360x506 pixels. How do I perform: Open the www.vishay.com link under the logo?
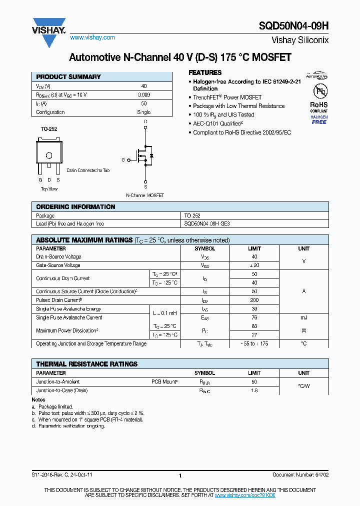(x=92, y=37)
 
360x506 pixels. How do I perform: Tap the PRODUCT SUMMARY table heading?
(x=68, y=77)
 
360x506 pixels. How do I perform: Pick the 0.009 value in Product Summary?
(x=143, y=94)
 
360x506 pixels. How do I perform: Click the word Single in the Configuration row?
(x=143, y=112)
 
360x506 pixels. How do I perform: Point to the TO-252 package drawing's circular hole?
(x=49, y=155)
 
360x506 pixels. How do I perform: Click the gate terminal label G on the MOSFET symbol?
(x=123, y=160)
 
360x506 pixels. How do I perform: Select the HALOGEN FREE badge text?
(x=319, y=119)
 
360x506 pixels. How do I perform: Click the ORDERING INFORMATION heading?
(x=75, y=207)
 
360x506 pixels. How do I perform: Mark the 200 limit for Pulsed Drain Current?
(x=254, y=300)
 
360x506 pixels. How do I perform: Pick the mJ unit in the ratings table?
(x=304, y=317)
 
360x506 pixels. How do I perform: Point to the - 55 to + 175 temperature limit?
(x=254, y=344)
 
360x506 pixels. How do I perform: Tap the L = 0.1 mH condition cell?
(x=164, y=313)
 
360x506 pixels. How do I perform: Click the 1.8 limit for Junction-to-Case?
(x=254, y=390)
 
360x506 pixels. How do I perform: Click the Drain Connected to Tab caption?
(x=88, y=170)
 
